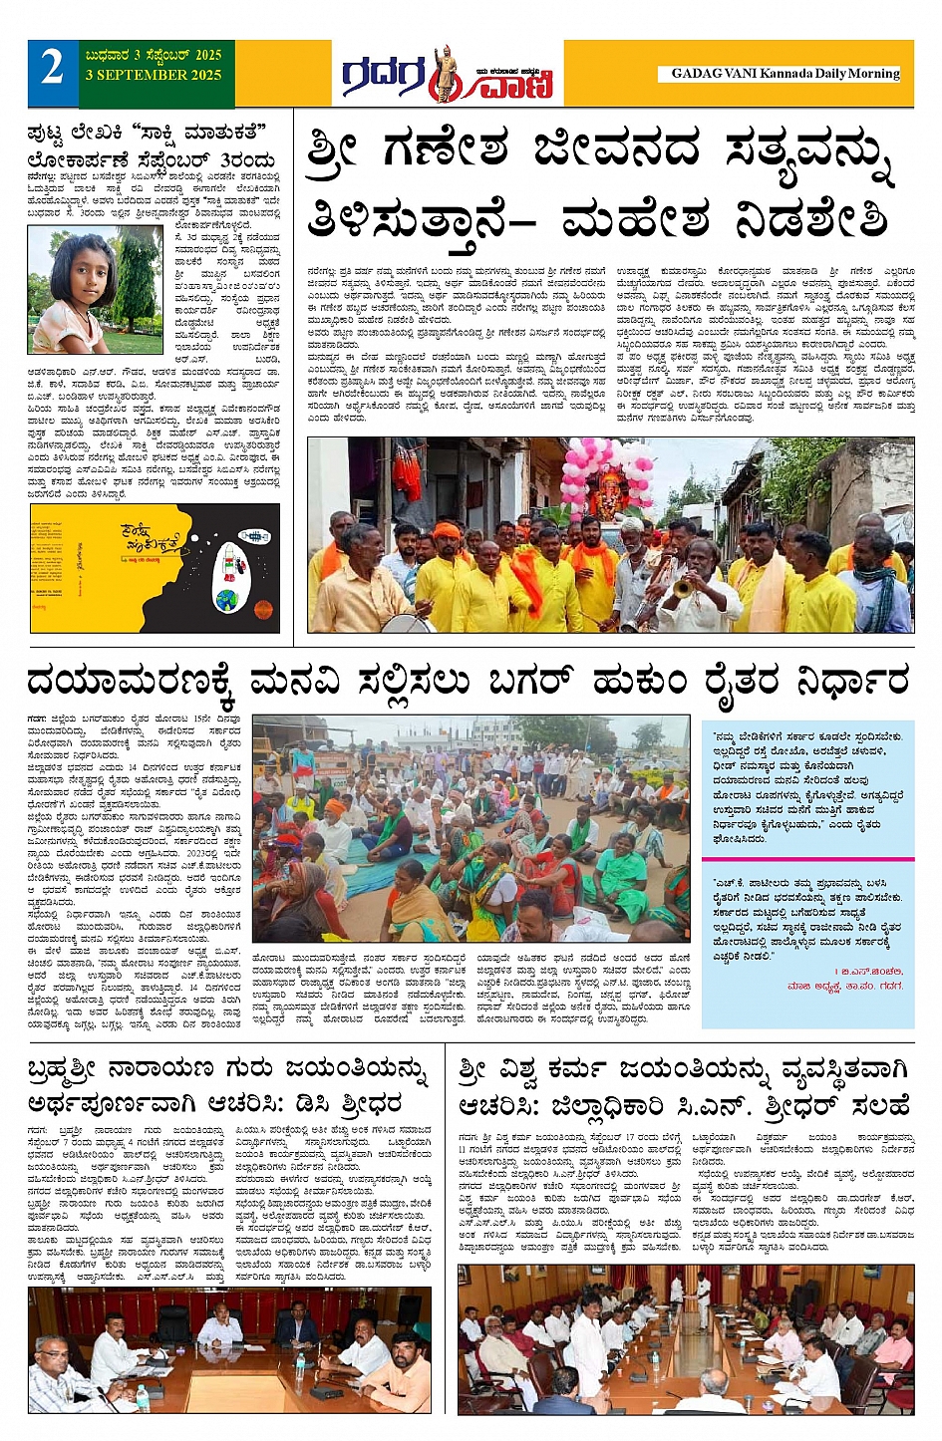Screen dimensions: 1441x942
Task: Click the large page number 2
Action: (51, 68)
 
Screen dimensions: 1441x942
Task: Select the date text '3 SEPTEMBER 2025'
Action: (154, 75)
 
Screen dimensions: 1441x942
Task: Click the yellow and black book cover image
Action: (155, 568)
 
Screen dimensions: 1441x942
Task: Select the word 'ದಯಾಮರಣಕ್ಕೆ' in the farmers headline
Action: (131, 682)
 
